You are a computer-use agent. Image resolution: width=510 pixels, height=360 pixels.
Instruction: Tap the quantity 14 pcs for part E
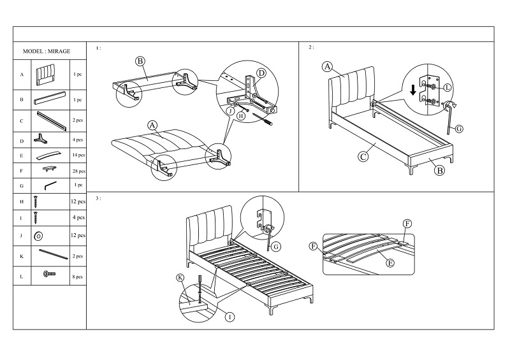pyautogui.click(x=78, y=155)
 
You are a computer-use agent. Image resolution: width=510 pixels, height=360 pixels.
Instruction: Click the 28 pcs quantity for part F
pyautogui.click(x=78, y=171)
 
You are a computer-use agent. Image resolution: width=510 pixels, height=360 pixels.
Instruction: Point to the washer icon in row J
pyautogui.click(x=38, y=236)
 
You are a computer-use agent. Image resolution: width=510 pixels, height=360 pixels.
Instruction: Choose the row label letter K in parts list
pyautogui.click(x=21, y=256)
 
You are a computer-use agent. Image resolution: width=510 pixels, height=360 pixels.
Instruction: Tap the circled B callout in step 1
pyautogui.click(x=140, y=62)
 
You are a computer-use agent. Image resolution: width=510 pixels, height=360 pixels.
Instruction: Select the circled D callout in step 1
pyautogui.click(x=261, y=73)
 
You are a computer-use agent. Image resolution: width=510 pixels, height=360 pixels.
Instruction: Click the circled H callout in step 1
pyautogui.click(x=241, y=116)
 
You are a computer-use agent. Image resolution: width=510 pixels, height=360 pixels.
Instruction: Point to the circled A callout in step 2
pyautogui.click(x=326, y=66)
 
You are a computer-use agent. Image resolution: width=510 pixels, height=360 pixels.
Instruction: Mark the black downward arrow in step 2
pyautogui.click(x=414, y=90)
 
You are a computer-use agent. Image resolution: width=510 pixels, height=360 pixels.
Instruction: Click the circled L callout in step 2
pyautogui.click(x=447, y=87)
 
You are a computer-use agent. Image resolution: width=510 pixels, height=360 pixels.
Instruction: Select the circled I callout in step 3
pyautogui.click(x=228, y=317)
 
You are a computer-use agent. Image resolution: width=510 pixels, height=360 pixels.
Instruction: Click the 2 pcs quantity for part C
pyautogui.click(x=78, y=120)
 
